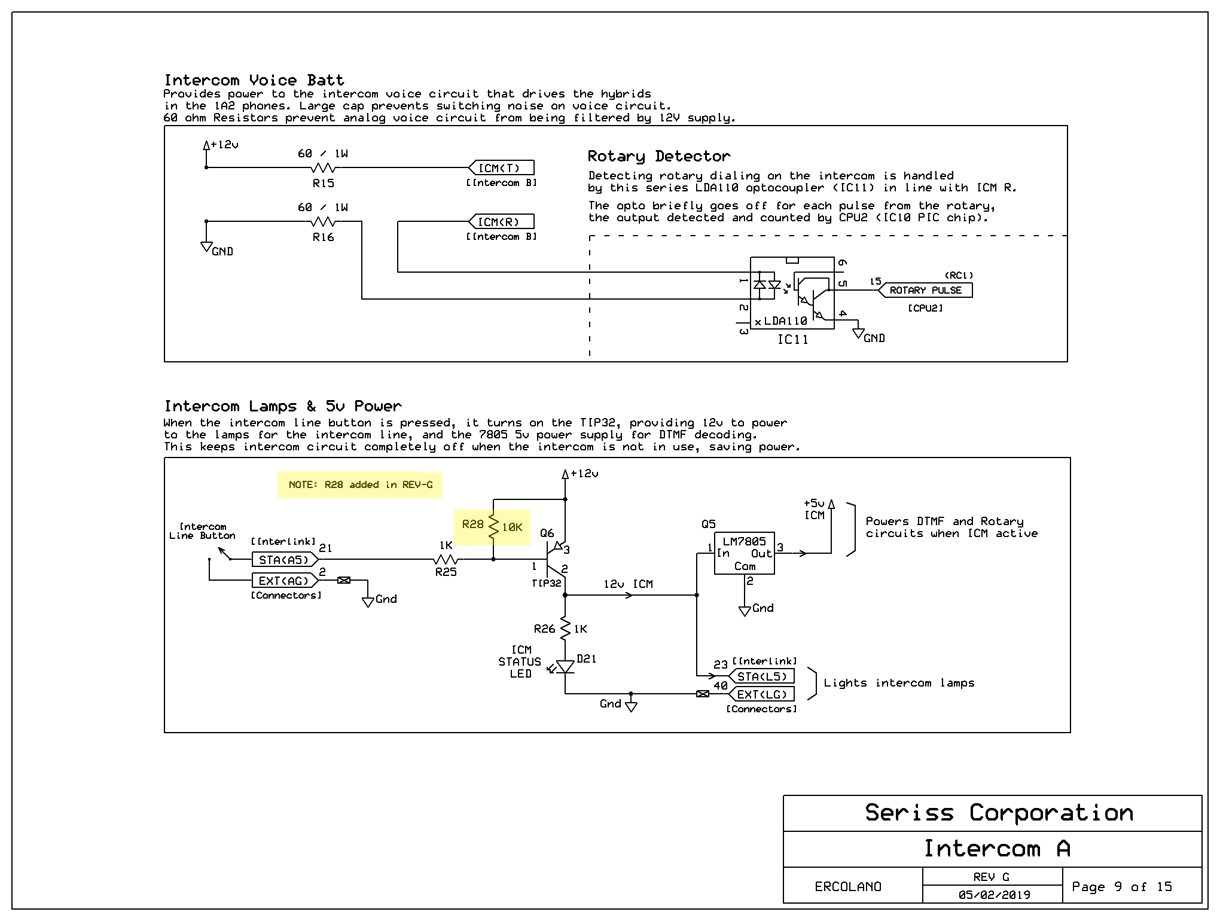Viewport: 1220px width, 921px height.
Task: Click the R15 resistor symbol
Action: (x=324, y=167)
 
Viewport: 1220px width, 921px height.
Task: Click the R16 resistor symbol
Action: (x=324, y=221)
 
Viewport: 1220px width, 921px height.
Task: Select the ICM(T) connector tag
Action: (x=501, y=167)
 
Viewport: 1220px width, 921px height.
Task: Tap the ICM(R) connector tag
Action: (x=501, y=221)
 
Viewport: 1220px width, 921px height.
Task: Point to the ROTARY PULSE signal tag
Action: (x=925, y=290)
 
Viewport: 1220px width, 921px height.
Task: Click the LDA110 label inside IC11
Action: (x=785, y=321)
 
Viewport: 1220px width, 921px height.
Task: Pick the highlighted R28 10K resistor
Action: (x=493, y=527)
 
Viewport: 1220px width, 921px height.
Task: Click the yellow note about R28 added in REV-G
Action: (x=360, y=484)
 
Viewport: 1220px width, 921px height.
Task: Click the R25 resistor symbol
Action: (x=446, y=560)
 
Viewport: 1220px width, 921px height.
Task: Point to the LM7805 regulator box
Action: (x=745, y=553)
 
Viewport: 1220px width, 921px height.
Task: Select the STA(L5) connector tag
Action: (x=761, y=676)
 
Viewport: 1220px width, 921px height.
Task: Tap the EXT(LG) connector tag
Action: (x=761, y=694)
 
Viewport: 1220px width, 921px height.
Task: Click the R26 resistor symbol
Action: (x=565, y=629)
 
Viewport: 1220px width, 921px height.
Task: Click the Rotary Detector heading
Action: (x=659, y=157)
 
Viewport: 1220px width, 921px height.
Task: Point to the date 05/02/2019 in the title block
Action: (x=994, y=895)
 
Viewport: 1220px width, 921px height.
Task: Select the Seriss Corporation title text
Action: (x=999, y=813)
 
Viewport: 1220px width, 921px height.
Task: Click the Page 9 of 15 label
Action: (x=1122, y=887)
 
